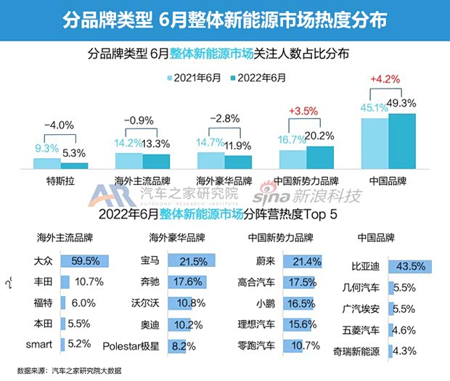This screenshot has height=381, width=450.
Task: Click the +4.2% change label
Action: [x=385, y=77]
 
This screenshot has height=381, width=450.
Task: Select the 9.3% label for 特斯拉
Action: [x=49, y=149]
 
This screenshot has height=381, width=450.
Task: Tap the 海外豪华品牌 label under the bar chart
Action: [x=224, y=179]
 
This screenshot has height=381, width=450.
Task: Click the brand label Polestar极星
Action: [x=133, y=345]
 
